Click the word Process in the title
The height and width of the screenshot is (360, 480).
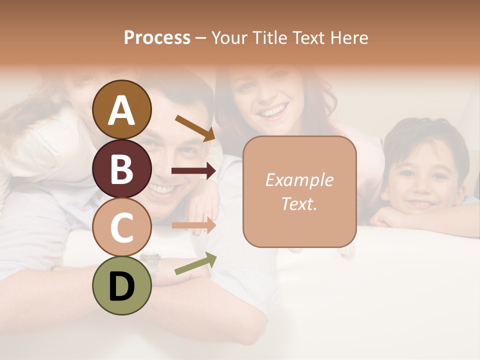tap(157, 37)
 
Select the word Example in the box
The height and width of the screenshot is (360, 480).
tap(299, 180)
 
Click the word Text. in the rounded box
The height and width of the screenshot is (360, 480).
tap(299, 203)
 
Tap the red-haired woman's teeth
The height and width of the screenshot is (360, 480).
tap(273, 109)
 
